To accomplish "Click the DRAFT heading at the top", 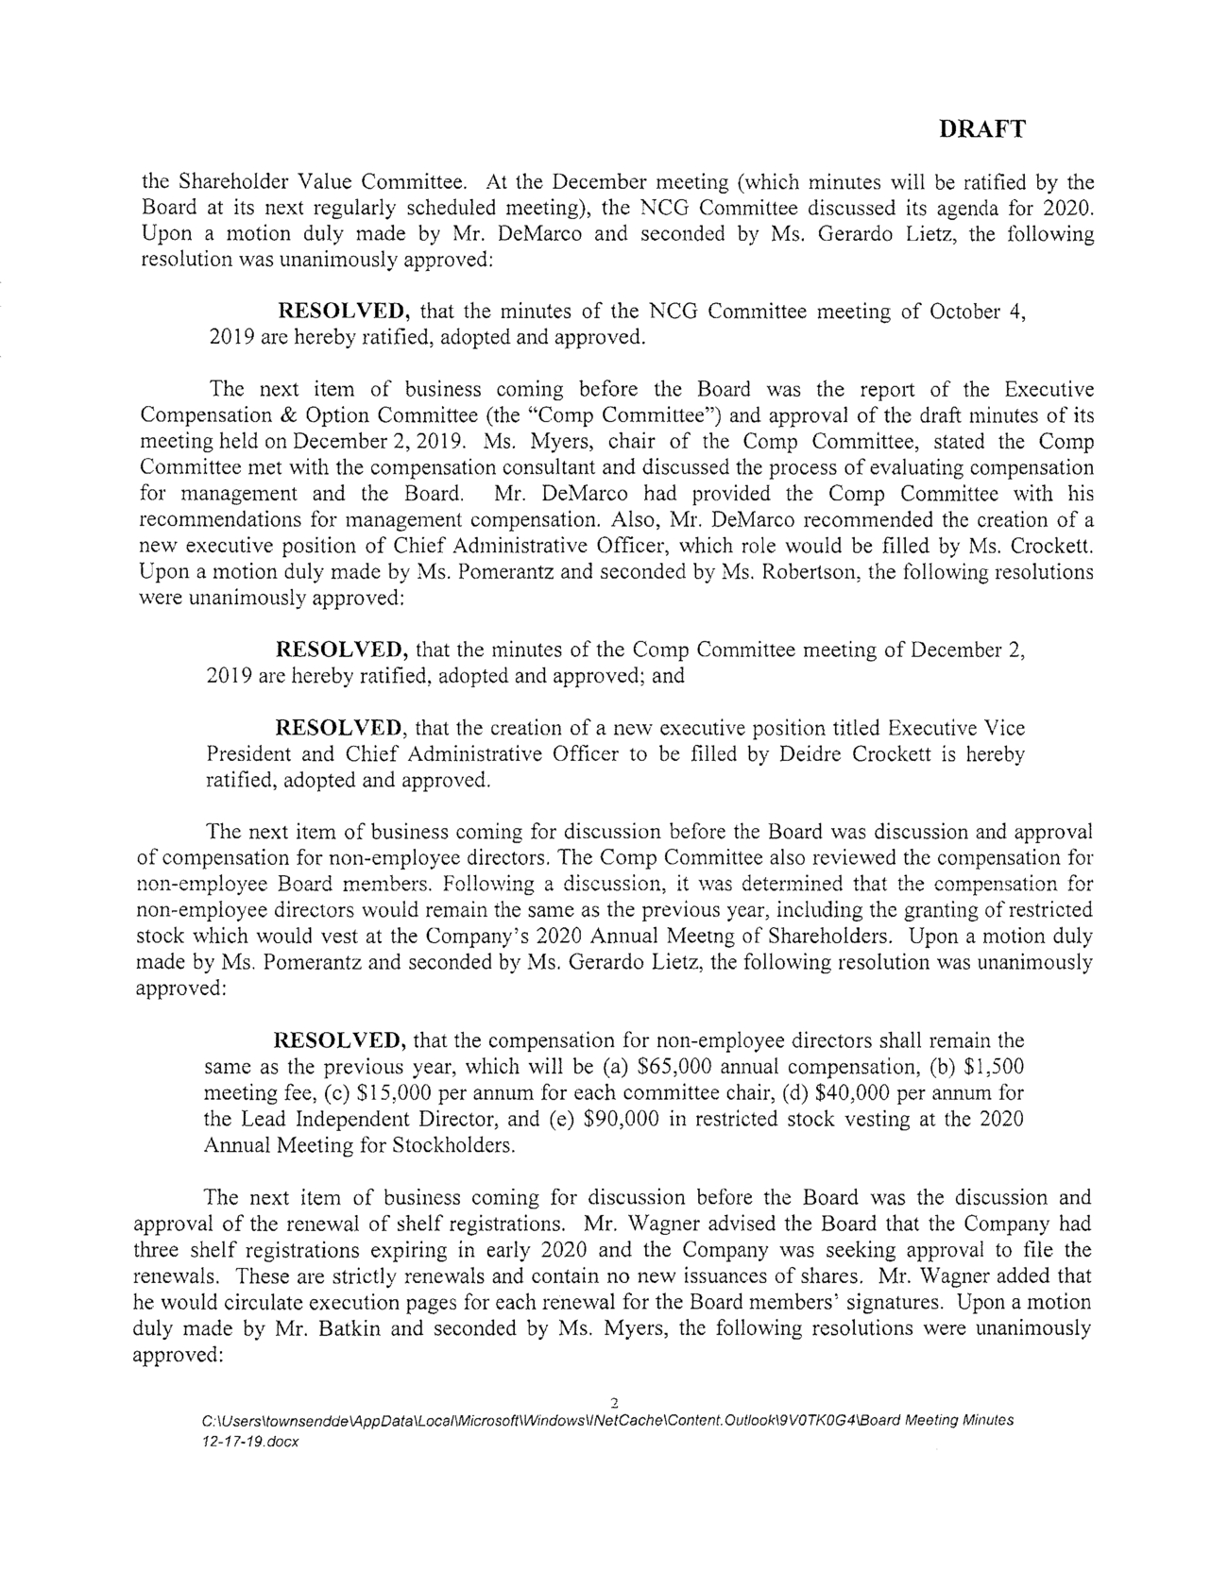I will click(x=982, y=130).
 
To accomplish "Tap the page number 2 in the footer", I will click(x=614, y=1401).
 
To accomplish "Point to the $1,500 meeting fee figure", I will click(x=993, y=1067).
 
